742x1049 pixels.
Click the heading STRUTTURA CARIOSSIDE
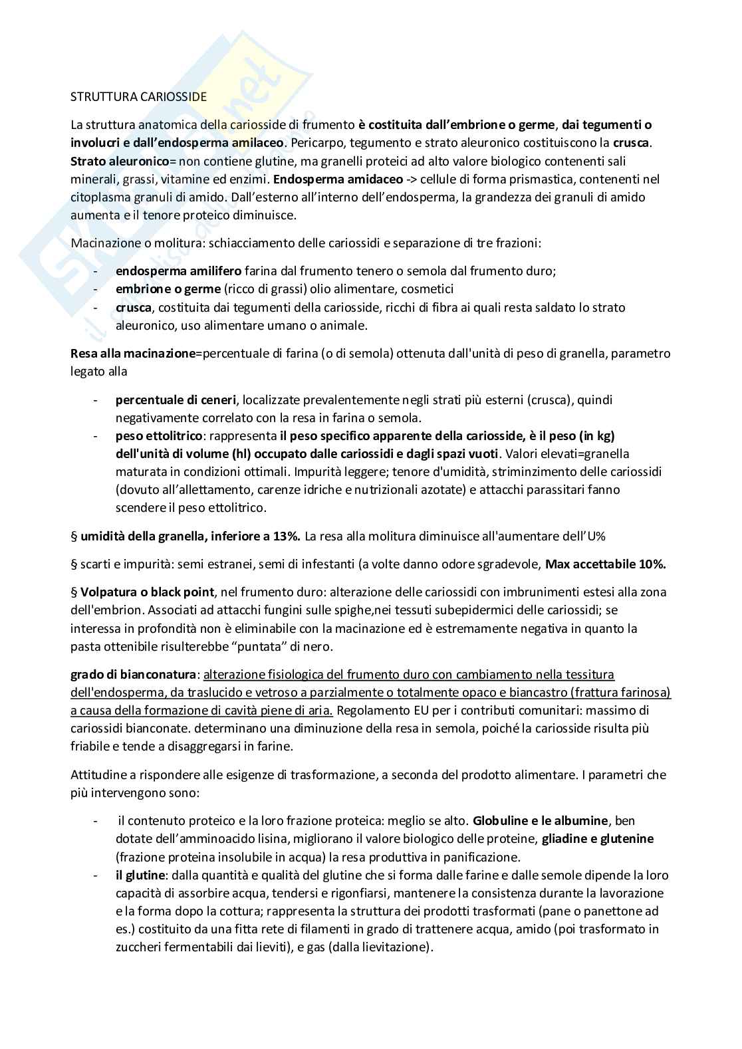pyautogui.click(x=138, y=96)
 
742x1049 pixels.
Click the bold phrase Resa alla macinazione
pyautogui.click(x=132, y=354)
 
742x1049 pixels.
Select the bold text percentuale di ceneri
pyautogui.click(x=176, y=400)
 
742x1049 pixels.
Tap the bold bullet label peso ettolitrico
pyautogui.click(x=157, y=436)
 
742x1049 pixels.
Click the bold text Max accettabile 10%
pyautogui.click(x=606, y=564)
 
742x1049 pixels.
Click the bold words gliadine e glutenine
pyautogui.click(x=597, y=839)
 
